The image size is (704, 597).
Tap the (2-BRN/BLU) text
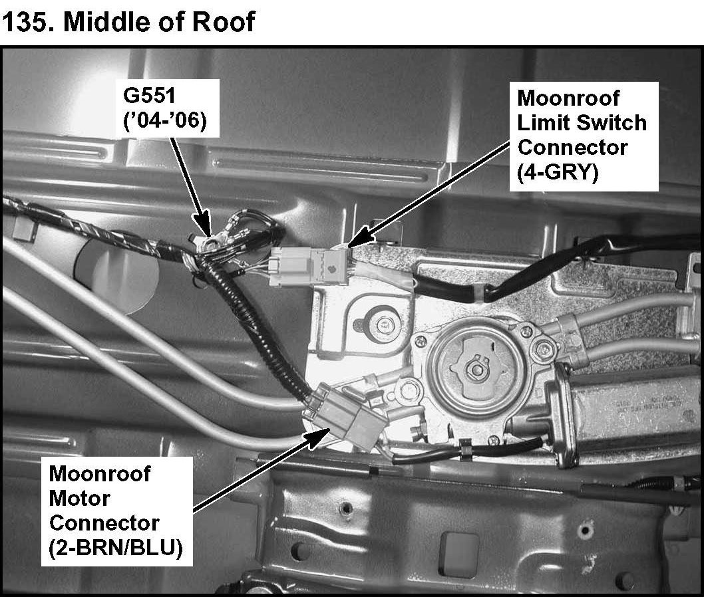[x=115, y=550]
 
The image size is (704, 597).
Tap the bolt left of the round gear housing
[x=381, y=324]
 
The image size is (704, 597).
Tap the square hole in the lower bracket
[x=458, y=539]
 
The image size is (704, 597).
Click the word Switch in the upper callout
[x=615, y=122]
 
